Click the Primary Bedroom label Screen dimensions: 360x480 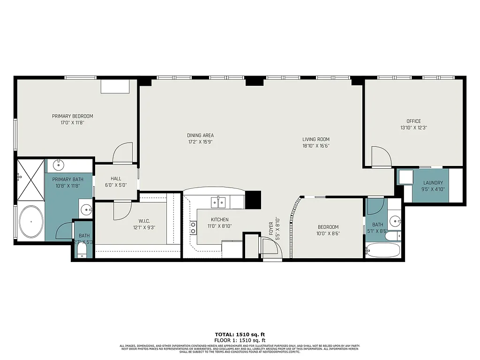point(72,116)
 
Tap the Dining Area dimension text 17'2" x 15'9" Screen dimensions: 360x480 point(201,142)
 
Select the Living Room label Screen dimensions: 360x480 point(315,139)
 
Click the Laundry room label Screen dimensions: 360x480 point(433,183)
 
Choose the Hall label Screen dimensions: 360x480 point(116,179)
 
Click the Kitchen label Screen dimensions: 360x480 point(219,219)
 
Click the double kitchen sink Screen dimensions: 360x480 point(218,202)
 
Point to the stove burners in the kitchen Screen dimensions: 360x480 point(192,227)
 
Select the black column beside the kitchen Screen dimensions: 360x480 point(253,200)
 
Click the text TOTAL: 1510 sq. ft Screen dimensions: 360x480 point(240,335)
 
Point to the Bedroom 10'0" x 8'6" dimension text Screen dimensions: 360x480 point(327,233)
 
